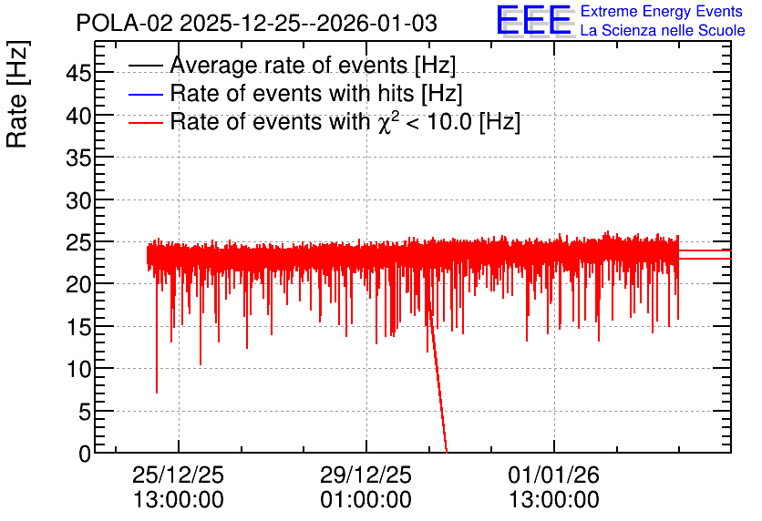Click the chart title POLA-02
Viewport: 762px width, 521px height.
point(124,24)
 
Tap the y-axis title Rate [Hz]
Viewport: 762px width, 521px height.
point(17,94)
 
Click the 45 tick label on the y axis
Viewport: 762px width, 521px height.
point(78,74)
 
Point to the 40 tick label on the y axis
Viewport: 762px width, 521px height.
point(78,116)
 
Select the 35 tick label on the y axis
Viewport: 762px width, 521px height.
point(78,158)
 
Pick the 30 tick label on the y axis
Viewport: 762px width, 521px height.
point(78,200)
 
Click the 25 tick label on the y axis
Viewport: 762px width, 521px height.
point(78,243)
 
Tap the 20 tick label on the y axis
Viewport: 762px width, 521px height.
point(78,285)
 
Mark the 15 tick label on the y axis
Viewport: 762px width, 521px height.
point(78,328)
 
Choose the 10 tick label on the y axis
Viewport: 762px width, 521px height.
point(78,370)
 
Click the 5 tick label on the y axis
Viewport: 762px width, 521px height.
point(85,413)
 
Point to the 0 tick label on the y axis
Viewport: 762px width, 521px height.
point(85,454)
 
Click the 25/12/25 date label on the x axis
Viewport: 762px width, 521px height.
point(179,475)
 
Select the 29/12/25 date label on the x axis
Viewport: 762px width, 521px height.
point(366,475)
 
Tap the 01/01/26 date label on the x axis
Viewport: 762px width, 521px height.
point(554,475)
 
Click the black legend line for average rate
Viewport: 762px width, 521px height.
point(145,66)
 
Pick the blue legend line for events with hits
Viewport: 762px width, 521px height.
point(145,94)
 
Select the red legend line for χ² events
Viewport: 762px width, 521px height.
point(145,122)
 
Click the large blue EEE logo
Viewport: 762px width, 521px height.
point(534,20)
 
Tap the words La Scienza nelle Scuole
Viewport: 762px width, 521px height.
point(663,30)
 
